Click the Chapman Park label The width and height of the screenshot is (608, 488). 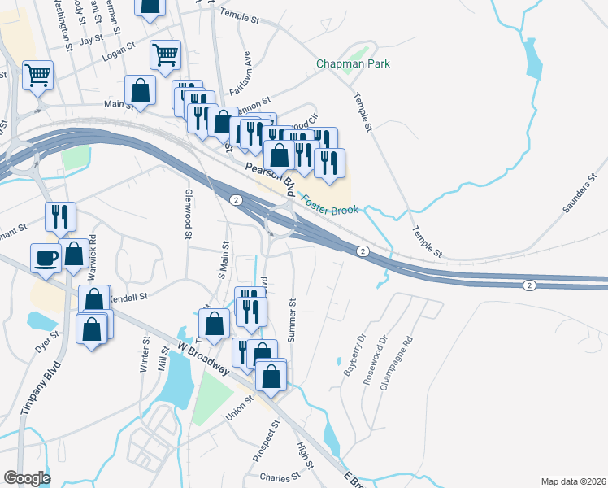coord(353,63)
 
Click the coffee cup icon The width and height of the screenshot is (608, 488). coord(46,259)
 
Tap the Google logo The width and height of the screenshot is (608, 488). coord(27,478)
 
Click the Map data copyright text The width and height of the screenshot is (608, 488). coord(574,481)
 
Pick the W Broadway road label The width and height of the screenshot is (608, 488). coord(202,359)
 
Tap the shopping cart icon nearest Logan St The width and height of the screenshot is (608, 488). coord(164,55)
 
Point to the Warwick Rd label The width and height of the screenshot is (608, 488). coord(93,252)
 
